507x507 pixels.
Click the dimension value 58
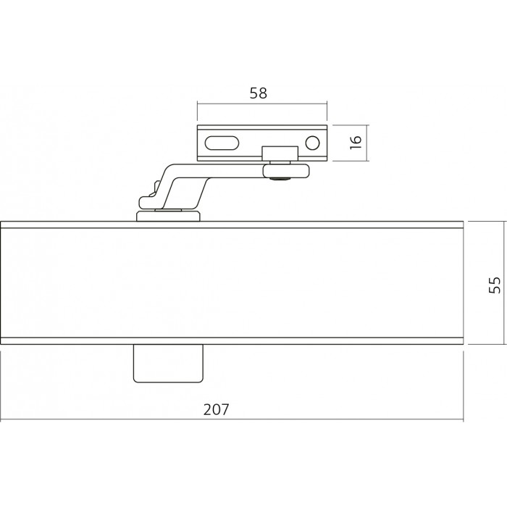click(259, 93)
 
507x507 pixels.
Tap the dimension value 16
click(356, 142)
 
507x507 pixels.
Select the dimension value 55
click(495, 285)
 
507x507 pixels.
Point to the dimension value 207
click(216, 409)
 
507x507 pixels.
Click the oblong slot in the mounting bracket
click(222, 143)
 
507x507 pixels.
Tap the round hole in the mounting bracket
click(312, 143)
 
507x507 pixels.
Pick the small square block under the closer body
click(168, 363)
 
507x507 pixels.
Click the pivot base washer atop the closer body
click(168, 216)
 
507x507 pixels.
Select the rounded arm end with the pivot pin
click(286, 171)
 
